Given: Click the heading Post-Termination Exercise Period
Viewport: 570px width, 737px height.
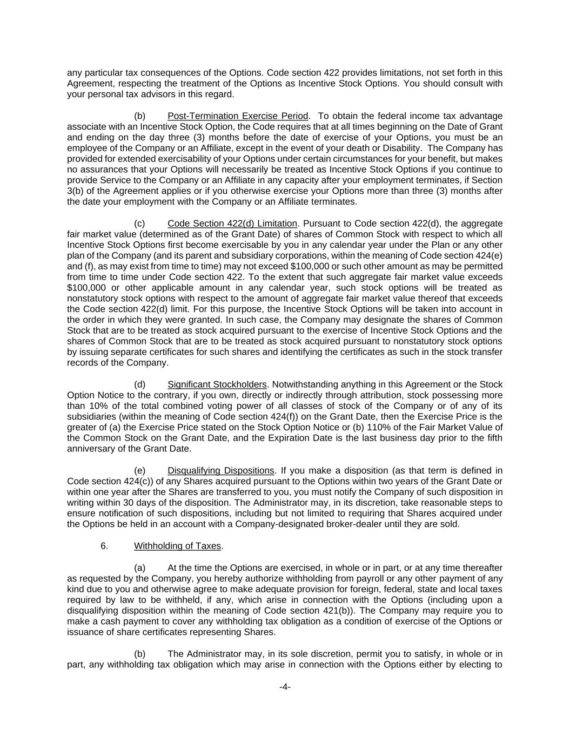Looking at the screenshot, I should tap(238, 116).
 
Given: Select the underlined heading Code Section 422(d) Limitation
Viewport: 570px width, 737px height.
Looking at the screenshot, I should tap(232, 224).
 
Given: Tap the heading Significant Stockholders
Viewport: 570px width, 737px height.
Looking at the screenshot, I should tap(217, 384).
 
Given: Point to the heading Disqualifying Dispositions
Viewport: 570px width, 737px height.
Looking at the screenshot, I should tap(220, 470).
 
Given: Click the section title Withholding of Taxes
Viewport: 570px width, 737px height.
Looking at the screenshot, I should tap(177, 546).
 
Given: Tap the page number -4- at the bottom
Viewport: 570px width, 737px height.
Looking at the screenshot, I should tap(285, 687).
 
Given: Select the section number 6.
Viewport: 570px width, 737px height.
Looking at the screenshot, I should tap(104, 546).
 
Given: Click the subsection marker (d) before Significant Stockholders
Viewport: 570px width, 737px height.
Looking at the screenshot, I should tap(139, 384).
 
